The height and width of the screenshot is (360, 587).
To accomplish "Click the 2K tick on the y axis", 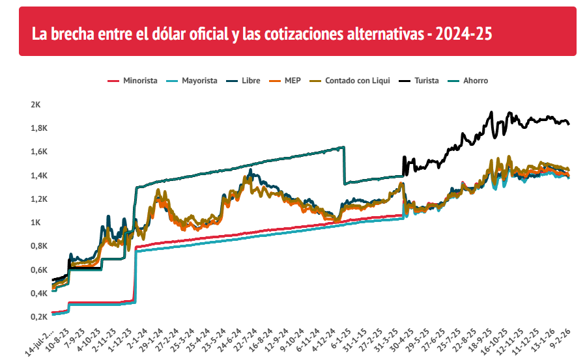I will pos(35,104).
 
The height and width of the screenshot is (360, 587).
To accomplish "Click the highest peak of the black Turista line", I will pos(492,113).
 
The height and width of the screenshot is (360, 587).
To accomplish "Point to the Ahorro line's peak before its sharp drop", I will pos(343,147).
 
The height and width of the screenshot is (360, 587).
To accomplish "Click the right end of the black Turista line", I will pos(569,124).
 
